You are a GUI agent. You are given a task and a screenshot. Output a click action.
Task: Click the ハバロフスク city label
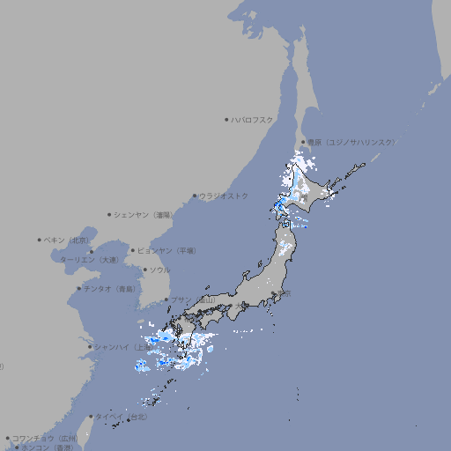(253, 119)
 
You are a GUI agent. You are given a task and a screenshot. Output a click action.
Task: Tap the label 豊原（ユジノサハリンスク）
(351, 142)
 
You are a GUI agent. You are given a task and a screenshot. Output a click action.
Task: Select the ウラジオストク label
(225, 196)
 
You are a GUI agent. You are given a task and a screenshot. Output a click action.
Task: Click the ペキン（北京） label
(68, 240)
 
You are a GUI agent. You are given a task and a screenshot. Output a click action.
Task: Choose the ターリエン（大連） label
(89, 260)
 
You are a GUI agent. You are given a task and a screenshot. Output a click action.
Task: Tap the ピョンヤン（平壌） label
(166, 250)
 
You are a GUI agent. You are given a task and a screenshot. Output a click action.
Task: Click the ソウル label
(159, 270)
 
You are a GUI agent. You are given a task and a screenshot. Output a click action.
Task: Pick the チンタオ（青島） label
(109, 289)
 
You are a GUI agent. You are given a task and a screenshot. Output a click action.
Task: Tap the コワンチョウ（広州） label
(45, 438)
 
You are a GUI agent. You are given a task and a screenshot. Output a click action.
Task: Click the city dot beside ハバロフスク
(226, 119)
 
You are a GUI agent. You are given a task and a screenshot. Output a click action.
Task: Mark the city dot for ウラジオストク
(195, 196)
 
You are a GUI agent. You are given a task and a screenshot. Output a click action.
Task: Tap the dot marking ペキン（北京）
(40, 240)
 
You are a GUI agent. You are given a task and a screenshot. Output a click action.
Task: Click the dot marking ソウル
(144, 270)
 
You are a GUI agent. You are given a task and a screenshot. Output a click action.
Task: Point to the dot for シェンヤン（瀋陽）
(109, 214)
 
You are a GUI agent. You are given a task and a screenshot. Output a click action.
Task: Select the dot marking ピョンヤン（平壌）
(133, 250)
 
